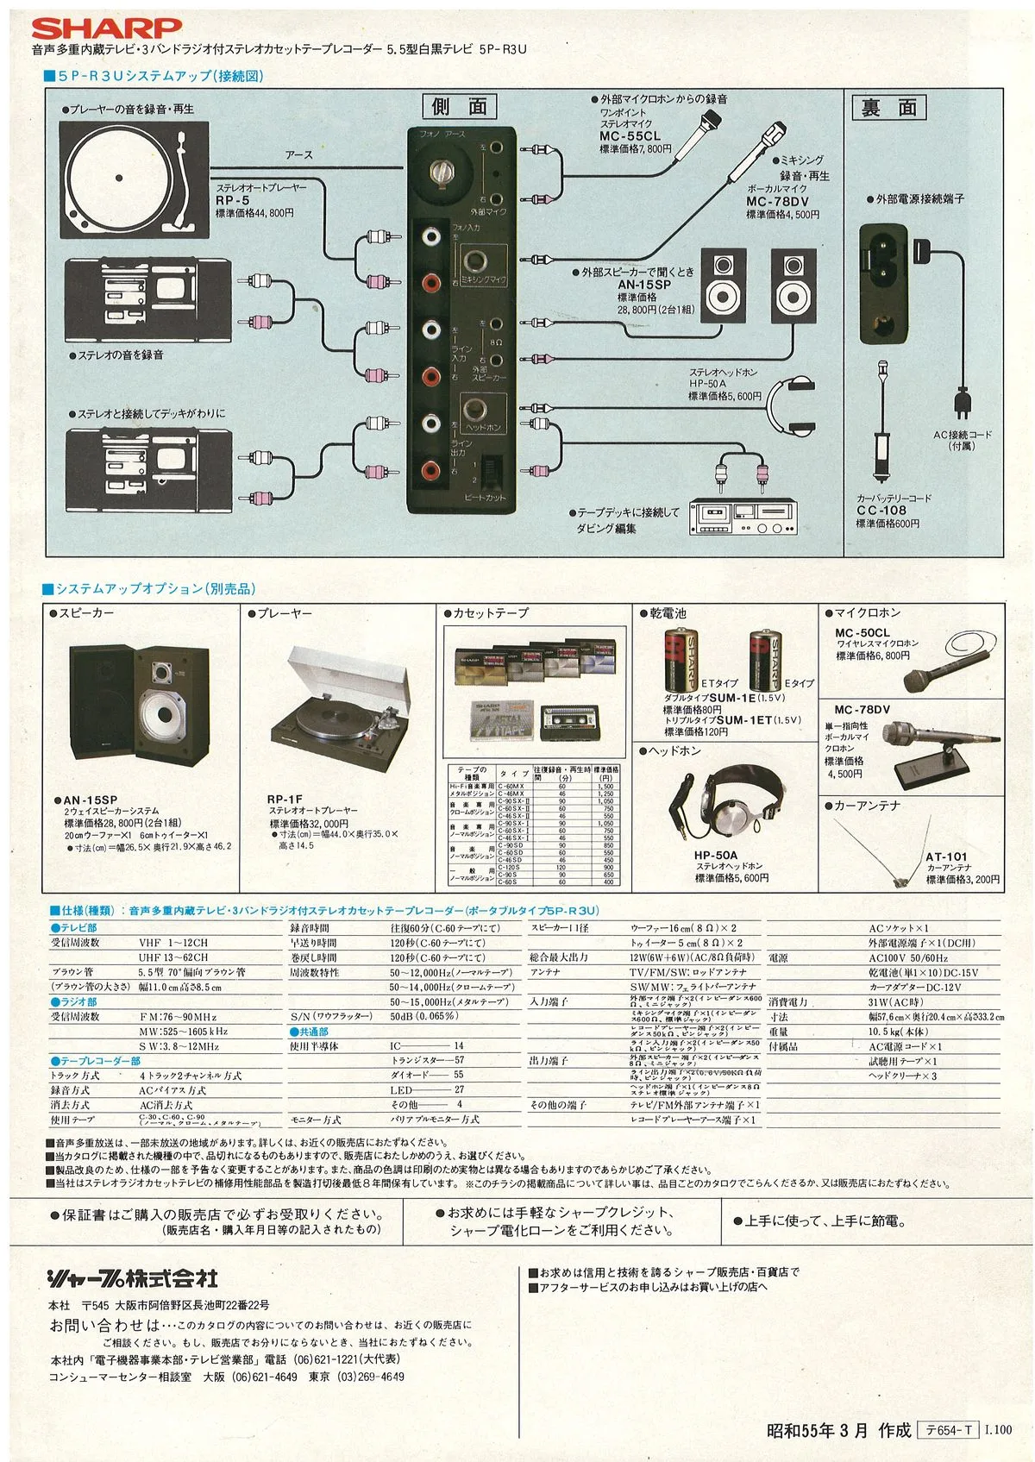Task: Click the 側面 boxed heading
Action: pyautogui.click(x=460, y=106)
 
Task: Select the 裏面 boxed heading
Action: pyautogui.click(x=889, y=108)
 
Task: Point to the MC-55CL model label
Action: pyautogui.click(x=630, y=136)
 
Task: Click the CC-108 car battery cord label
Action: pyautogui.click(x=881, y=510)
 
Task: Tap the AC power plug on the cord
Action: pyautogui.click(x=962, y=405)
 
